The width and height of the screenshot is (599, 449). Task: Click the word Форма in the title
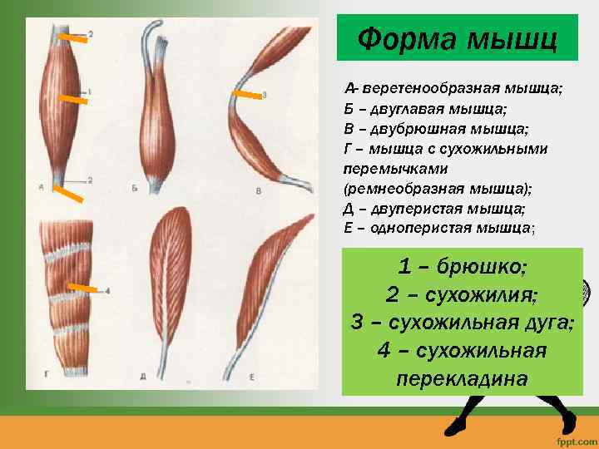pyautogui.click(x=403, y=38)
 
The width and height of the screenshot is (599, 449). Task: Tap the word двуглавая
pyautogui.click(x=403, y=108)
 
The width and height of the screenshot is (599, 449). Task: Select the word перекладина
pyautogui.click(x=463, y=378)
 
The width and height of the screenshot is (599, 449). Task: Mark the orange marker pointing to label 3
pyautogui.click(x=245, y=96)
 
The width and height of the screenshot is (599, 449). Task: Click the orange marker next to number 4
pyautogui.click(x=82, y=288)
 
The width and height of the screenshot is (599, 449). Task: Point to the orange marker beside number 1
pyautogui.click(x=74, y=97)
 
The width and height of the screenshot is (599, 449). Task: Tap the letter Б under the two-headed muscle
pyautogui.click(x=134, y=190)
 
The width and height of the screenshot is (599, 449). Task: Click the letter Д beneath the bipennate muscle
pyautogui.click(x=143, y=377)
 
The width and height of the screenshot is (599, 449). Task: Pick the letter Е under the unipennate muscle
pyautogui.click(x=251, y=377)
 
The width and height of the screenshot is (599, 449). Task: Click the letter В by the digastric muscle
pyautogui.click(x=258, y=190)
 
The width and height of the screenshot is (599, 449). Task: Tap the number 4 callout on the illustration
pyautogui.click(x=107, y=291)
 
